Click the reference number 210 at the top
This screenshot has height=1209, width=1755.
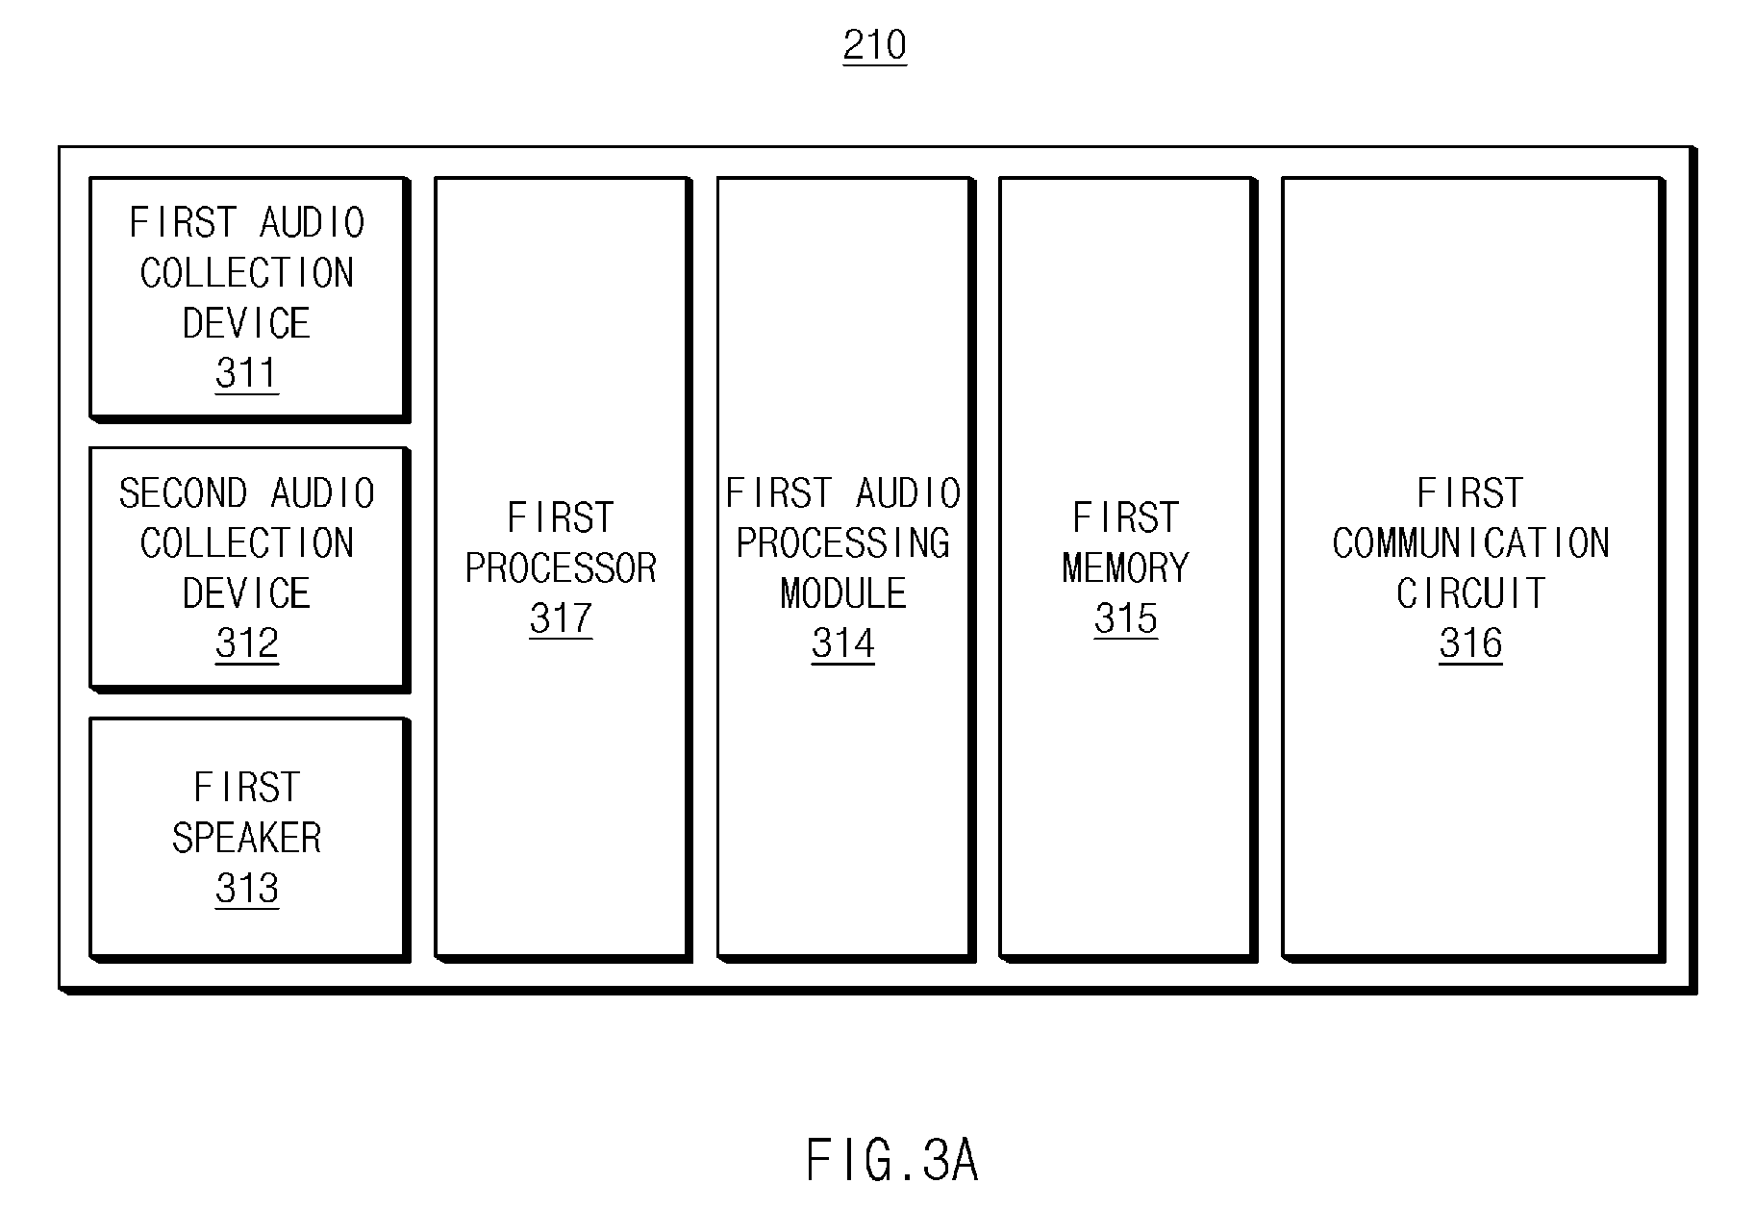coord(874,45)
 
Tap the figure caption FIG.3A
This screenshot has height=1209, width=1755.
coord(891,1160)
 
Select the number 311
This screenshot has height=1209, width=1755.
coord(247,373)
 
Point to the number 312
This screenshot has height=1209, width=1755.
coord(247,643)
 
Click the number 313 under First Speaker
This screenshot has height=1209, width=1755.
coord(247,889)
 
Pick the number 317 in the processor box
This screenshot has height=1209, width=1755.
coord(561,618)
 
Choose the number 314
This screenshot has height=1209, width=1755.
coord(843,643)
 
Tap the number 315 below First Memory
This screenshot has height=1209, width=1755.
coord(1126,618)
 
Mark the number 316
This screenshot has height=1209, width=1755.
coord(1470,643)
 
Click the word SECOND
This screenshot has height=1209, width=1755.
coord(184,493)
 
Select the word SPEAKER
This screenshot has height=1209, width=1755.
coord(247,838)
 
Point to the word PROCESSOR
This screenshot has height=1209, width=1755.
coord(561,568)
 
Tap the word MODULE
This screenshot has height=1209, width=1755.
coord(843,593)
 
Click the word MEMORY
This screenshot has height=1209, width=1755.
coord(1126,568)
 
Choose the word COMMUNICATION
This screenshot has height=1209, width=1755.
coord(1470,543)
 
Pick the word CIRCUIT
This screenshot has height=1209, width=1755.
coord(1470,593)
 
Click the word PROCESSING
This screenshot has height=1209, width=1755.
coord(843,543)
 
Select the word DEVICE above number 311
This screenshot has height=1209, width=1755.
coord(247,323)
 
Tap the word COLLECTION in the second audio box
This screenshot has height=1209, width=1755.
coord(247,543)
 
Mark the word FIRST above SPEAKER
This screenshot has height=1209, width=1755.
coord(247,788)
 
